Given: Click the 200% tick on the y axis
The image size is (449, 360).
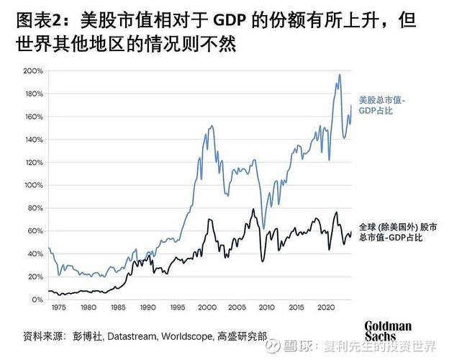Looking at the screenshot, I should (33, 71).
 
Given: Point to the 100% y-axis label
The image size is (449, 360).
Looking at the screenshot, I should (33, 185).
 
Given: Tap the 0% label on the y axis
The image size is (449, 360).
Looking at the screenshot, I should (37, 300).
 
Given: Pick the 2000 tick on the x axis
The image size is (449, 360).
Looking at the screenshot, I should (207, 307).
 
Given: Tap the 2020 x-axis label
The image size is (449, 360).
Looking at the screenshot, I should (325, 307).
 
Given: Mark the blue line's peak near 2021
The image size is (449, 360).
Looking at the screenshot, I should (339, 75).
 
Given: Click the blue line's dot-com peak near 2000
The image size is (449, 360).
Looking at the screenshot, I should (210, 126).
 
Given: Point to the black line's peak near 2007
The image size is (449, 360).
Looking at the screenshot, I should (253, 210).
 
